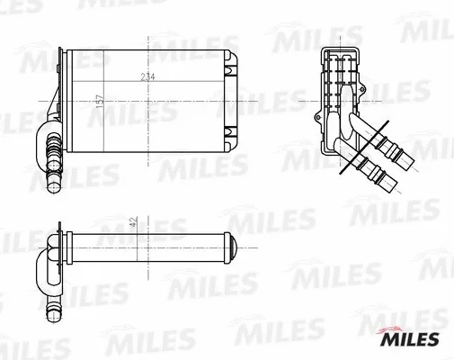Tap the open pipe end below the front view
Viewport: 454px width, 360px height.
point(52,187)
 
